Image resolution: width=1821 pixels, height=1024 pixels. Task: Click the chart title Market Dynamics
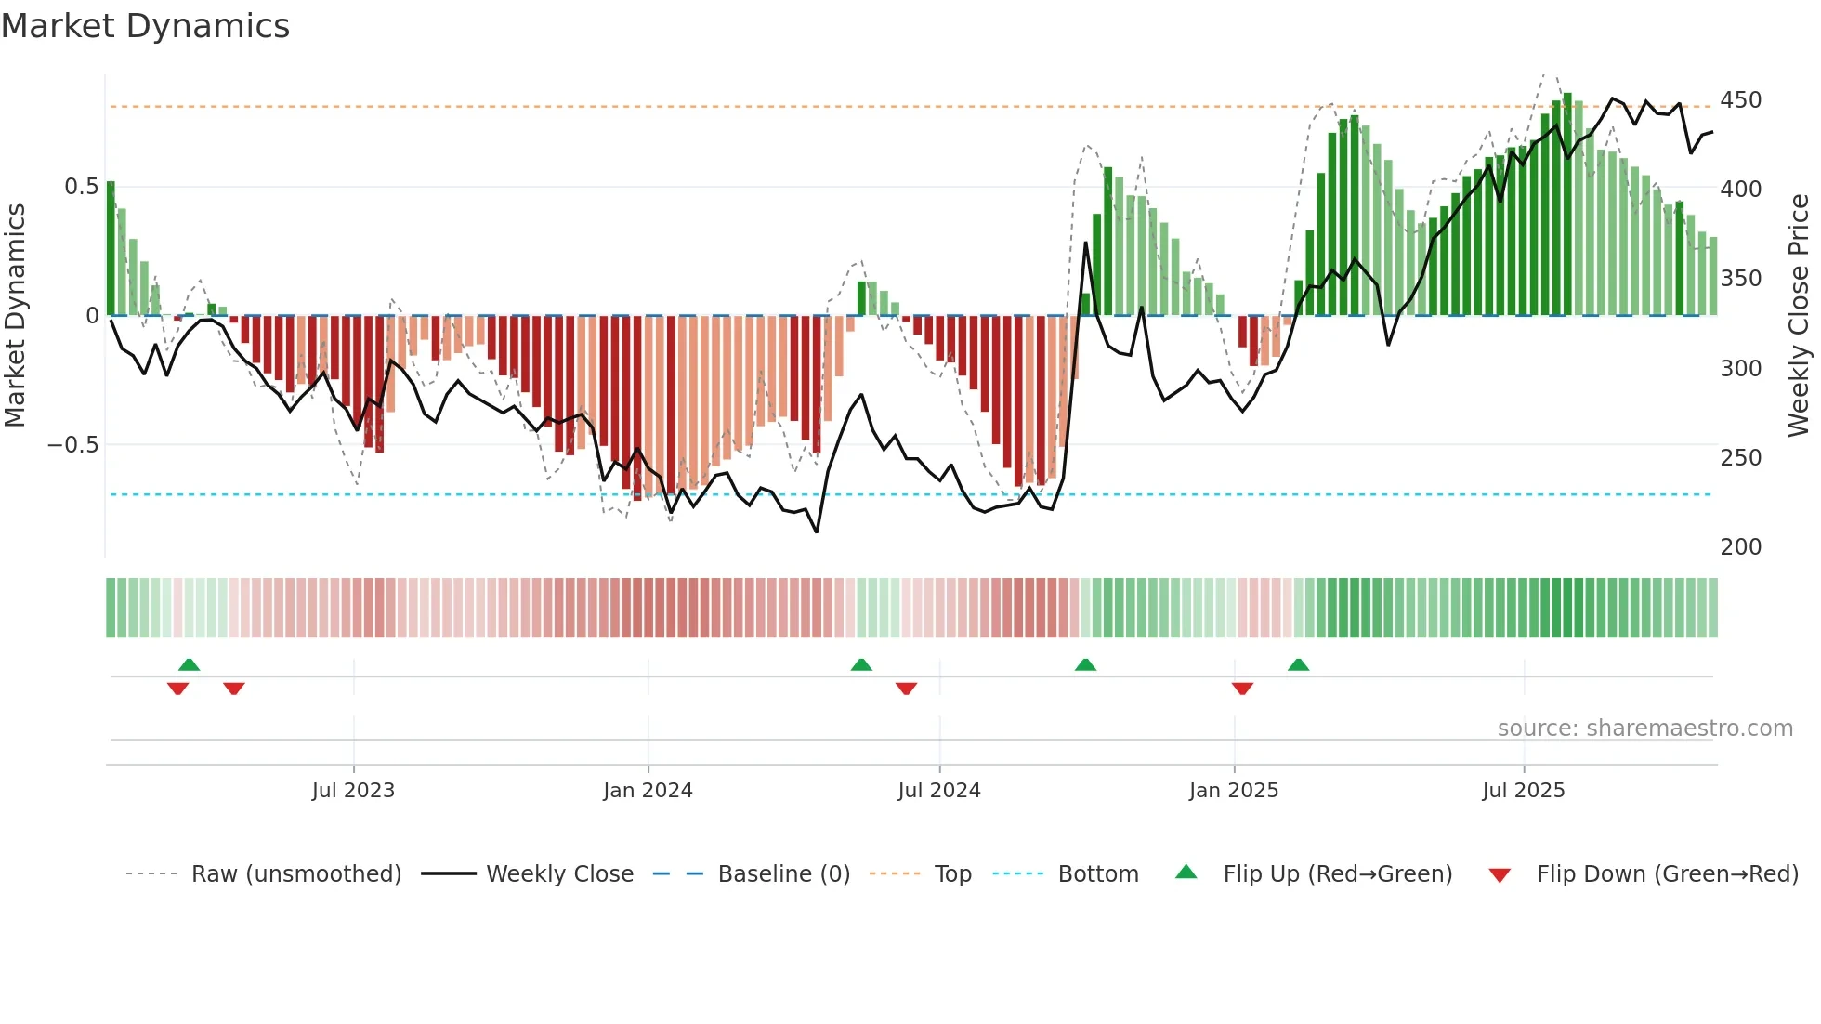145,26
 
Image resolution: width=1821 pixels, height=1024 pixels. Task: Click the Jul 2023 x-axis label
353,791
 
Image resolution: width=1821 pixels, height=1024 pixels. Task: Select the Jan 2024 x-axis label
648,791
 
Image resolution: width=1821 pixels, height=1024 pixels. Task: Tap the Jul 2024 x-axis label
939,791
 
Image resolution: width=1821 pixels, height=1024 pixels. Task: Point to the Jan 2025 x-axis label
1234,791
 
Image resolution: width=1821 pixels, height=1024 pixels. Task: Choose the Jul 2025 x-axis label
1524,791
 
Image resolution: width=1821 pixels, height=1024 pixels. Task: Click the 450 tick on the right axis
1740,100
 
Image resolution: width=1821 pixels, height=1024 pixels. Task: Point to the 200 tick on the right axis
1740,547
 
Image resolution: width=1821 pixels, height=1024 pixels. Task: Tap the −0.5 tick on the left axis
73,445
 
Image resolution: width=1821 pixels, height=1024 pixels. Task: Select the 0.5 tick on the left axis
81,187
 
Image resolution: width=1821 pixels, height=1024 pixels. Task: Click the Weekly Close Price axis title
1799,316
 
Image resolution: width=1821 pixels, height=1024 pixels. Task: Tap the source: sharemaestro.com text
1644,729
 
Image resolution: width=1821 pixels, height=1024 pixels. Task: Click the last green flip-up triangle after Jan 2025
1298,664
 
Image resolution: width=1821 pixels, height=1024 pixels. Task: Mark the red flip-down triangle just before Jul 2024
906,689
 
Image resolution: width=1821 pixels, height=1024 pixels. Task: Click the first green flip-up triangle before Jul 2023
189,664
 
